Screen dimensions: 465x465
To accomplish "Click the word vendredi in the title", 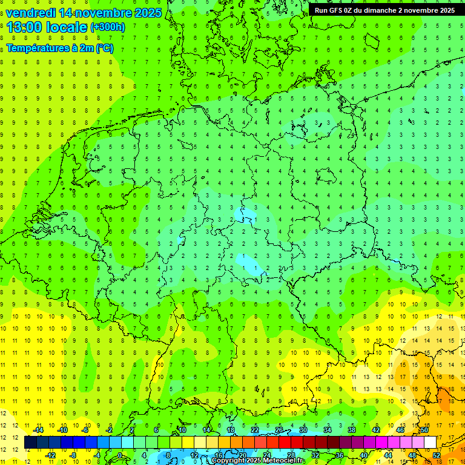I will (30, 13).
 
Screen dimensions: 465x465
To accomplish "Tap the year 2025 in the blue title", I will (145, 13).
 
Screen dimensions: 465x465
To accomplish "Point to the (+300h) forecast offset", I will (107, 27).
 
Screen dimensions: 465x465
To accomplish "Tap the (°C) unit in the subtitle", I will (104, 48).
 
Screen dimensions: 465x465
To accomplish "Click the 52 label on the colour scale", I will (437, 455).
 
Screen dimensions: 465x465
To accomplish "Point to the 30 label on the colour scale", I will (303, 430).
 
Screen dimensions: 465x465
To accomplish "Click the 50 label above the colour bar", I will (424, 430).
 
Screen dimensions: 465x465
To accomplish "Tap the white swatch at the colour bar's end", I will (430, 443).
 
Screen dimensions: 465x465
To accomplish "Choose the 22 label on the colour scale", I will (255, 430).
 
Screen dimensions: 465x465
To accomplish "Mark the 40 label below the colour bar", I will (364, 455).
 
